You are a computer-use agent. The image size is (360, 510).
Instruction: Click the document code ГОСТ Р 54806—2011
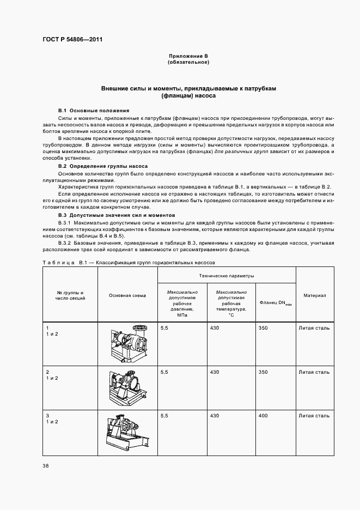pos(72,39)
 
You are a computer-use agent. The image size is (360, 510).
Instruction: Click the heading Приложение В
pos(188,56)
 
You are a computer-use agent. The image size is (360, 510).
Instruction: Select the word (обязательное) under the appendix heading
pos(188,62)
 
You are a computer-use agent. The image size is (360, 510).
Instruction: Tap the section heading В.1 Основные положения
pos(94,110)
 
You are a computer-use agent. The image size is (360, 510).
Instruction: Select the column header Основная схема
pos(127,295)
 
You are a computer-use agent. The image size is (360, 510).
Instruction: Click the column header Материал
pos(315,295)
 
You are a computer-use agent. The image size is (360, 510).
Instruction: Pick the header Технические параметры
pos(227,276)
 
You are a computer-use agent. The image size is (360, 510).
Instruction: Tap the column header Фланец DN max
pos(276,303)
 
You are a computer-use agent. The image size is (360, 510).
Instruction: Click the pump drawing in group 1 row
pos(127,343)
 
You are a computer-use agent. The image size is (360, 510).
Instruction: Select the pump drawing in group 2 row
pos(127,387)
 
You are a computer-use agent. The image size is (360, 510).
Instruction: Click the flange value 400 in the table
pos(264,416)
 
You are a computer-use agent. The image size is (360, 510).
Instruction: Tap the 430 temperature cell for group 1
pos(214,328)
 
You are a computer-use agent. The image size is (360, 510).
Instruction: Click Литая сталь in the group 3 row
pos(314,416)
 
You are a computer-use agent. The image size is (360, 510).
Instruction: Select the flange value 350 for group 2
pos(264,372)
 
